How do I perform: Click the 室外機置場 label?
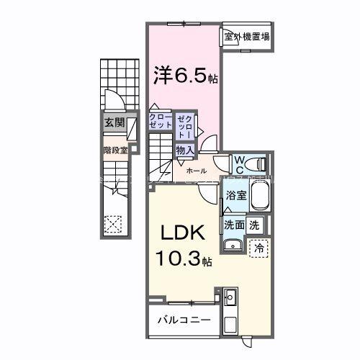click(246, 36)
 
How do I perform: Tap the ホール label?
click(196, 171)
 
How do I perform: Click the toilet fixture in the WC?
click(258, 162)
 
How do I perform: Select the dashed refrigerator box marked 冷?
click(259, 247)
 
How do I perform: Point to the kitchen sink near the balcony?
click(230, 297)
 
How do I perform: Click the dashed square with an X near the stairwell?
click(112, 223)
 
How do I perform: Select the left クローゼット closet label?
click(159, 120)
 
